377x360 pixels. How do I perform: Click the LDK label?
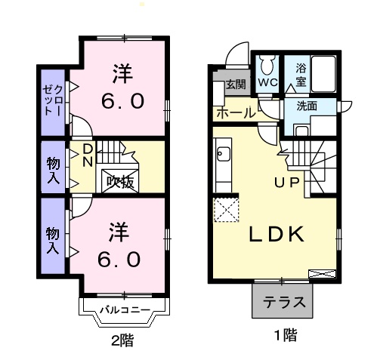click(x=277, y=234)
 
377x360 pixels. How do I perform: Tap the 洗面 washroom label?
click(x=306, y=106)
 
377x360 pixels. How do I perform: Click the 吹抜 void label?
click(x=119, y=180)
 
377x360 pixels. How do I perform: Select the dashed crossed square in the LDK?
click(x=225, y=210)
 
